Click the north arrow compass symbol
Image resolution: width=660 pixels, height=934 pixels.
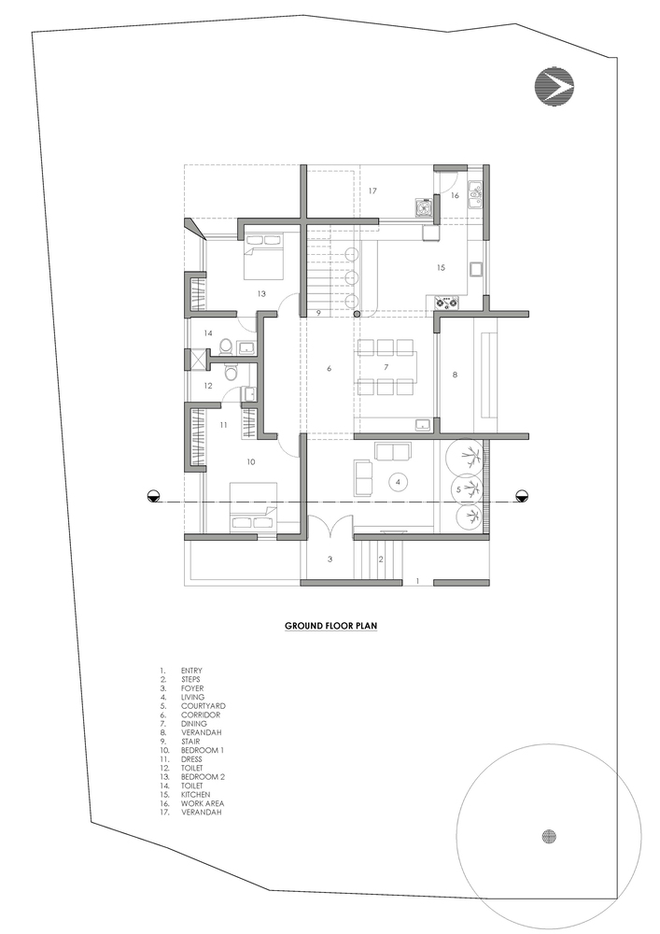(555, 88)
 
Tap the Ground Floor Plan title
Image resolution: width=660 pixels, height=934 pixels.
(330, 626)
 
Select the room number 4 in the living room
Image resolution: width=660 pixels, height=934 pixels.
(399, 481)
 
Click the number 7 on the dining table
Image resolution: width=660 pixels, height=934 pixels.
(386, 367)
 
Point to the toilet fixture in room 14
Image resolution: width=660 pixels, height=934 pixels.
(226, 347)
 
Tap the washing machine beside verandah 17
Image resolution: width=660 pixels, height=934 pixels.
(424, 207)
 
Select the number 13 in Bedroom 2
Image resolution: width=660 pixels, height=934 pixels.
(261, 293)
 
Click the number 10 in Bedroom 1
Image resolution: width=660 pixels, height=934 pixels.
(251, 461)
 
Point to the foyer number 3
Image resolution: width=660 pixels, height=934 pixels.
(330, 559)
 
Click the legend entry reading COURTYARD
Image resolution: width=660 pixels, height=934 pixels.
(204, 706)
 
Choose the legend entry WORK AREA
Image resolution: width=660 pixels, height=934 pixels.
(203, 803)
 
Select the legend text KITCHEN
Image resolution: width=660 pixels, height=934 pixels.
(196, 795)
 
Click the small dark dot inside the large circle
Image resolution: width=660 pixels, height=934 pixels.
(549, 836)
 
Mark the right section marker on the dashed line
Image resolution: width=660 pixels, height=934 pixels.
(523, 494)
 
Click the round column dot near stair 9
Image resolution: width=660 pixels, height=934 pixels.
(357, 314)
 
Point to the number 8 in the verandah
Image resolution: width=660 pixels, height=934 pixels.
(456, 375)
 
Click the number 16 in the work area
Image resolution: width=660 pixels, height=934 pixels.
(456, 195)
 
